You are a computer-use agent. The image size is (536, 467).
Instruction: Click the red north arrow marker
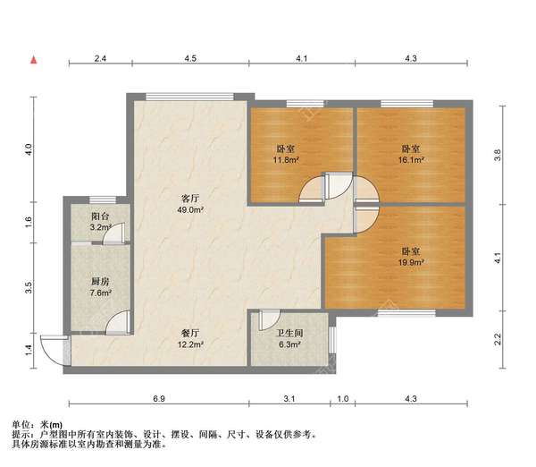click(33, 59)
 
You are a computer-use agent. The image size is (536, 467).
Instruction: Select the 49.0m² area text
click(189, 211)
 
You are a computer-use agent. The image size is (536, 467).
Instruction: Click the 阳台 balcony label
click(100, 216)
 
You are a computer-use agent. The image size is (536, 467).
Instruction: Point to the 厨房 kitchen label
click(100, 279)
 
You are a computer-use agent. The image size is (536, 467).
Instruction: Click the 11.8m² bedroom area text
click(286, 162)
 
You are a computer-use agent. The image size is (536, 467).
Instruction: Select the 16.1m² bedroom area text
click(411, 162)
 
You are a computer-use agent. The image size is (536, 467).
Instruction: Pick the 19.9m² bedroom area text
click(411, 263)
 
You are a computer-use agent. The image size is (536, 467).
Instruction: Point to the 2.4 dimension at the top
click(100, 59)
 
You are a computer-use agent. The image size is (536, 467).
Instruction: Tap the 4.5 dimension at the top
click(190, 59)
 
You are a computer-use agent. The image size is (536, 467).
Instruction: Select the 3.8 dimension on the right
click(498, 153)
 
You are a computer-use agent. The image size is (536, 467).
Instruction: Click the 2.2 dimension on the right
click(498, 339)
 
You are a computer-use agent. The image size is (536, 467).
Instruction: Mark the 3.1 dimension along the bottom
click(289, 398)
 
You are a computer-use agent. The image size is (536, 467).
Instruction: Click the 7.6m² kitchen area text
click(100, 292)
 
